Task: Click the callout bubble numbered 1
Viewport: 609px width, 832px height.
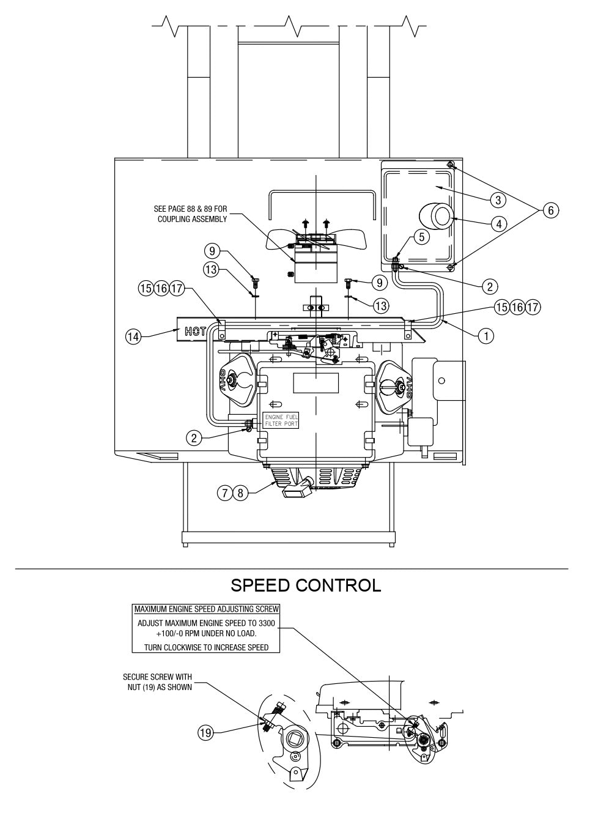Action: [x=486, y=335]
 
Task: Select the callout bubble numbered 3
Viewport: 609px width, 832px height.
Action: [x=498, y=200]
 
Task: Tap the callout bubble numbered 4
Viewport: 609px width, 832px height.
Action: [x=498, y=224]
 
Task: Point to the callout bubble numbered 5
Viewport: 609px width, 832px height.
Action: [x=421, y=237]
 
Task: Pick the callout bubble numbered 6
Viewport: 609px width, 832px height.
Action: [x=550, y=210]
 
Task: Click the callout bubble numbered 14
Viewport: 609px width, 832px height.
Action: [x=134, y=335]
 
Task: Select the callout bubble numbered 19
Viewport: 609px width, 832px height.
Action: [x=205, y=732]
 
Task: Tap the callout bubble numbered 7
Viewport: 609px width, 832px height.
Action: [x=226, y=493]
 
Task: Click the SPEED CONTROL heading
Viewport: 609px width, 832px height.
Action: [x=306, y=585]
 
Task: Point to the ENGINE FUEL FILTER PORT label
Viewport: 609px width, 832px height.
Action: [x=281, y=420]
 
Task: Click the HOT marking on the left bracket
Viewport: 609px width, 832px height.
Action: [x=194, y=333]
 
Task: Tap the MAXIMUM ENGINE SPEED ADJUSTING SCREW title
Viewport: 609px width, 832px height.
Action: [x=207, y=609]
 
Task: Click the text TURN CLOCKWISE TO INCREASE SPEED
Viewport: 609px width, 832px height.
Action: [x=207, y=647]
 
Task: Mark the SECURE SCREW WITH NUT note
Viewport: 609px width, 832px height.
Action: [x=157, y=682]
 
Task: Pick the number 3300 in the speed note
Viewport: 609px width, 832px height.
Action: [x=266, y=623]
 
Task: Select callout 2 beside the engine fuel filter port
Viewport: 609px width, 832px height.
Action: [x=194, y=437]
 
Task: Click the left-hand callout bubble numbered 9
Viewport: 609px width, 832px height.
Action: [x=212, y=251]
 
